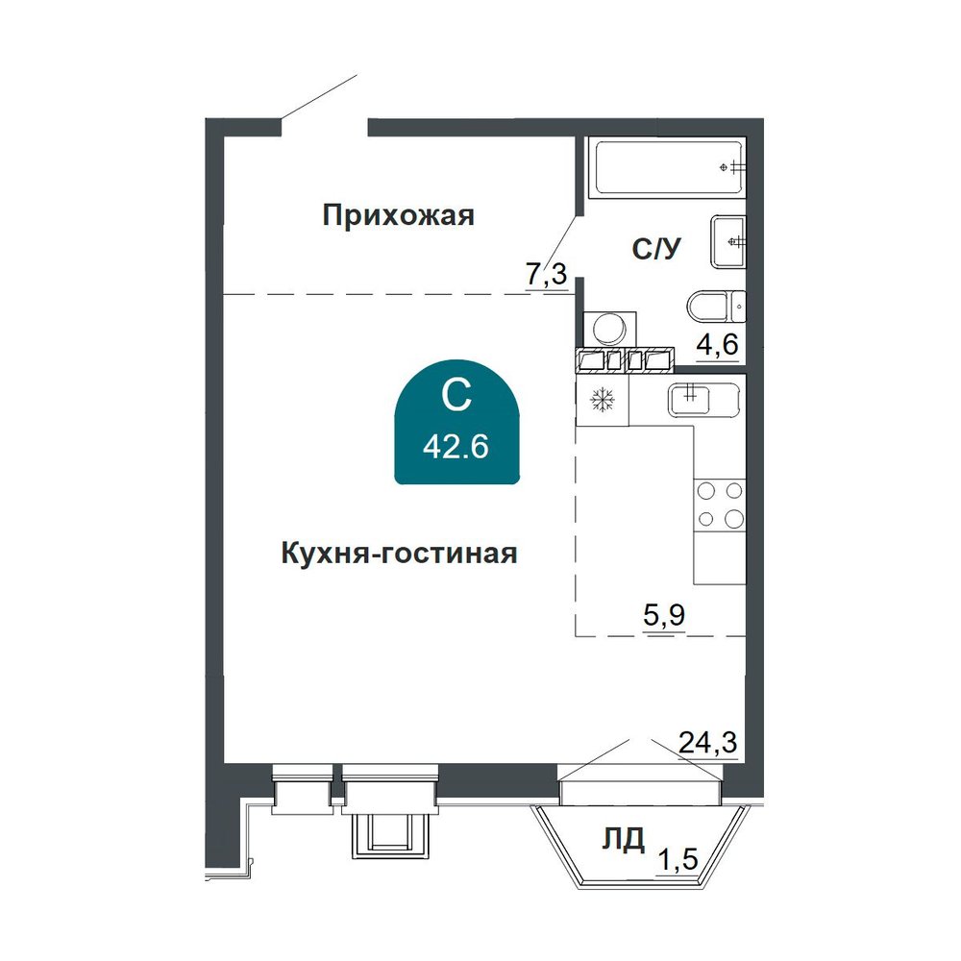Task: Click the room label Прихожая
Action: [x=399, y=215]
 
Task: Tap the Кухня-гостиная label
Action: [x=399, y=554]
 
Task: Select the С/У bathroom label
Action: [x=656, y=249]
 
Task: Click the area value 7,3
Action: [x=546, y=274]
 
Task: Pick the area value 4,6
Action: [x=717, y=344]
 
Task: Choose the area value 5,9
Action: [x=664, y=614]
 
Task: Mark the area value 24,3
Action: [x=708, y=743]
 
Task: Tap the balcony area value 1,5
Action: [x=678, y=858]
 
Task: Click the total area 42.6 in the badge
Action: [x=456, y=447]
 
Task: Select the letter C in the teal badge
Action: [x=456, y=395]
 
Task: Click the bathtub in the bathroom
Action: [x=667, y=167]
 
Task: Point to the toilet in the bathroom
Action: [x=716, y=306]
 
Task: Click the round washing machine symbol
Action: [x=610, y=329]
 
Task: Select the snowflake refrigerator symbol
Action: [x=603, y=400]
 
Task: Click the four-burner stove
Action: [x=720, y=505]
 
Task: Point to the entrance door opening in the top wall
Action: [x=324, y=126]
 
